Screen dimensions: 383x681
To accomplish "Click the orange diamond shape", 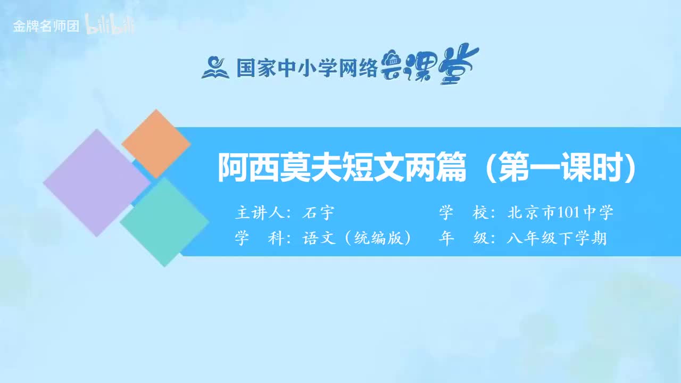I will [156, 144].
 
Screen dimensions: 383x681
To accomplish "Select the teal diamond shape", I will [164, 222].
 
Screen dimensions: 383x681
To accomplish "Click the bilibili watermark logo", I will [111, 27].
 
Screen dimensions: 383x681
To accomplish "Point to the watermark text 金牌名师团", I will [46, 27].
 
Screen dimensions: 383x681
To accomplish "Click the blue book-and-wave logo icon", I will [215, 68].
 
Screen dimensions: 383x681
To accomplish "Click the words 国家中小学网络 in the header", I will [306, 68].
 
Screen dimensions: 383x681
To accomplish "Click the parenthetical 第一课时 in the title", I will [562, 168].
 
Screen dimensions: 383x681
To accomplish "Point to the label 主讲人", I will [259, 213].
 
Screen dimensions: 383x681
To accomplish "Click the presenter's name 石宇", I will [318, 213].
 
